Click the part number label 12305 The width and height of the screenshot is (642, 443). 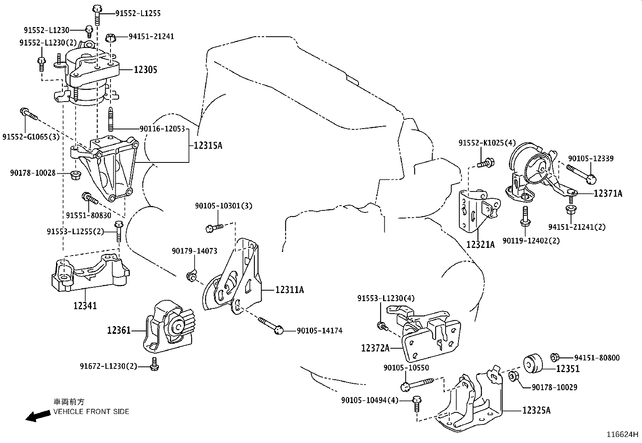tap(146, 70)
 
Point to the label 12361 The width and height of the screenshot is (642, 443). tap(119, 331)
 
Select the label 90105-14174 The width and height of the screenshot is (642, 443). tap(319, 331)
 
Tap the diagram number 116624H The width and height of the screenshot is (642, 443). tap(623, 435)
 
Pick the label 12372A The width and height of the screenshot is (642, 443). tap(375, 347)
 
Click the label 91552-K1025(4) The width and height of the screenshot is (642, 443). tap(487, 143)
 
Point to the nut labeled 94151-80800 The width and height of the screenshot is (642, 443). tap(554, 357)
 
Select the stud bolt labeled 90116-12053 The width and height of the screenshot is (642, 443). tap(110, 119)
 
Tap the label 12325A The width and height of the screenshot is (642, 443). tap(536, 411)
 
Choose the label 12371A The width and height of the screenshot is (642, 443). tap(608, 193)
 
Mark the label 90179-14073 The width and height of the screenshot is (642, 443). tap(194, 251)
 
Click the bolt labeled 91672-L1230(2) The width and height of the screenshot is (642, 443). tap(154, 364)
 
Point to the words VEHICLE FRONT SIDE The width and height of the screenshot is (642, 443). tap(92, 412)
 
